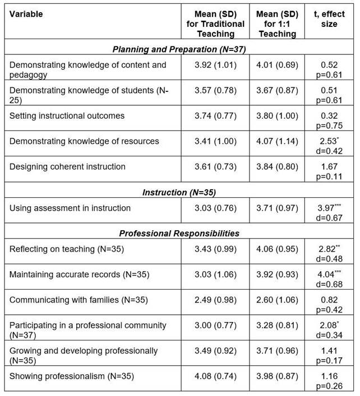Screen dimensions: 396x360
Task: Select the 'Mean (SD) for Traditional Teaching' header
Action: [x=215, y=24]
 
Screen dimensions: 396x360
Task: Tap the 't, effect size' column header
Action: [x=329, y=19]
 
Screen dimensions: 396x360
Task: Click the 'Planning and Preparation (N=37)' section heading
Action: [x=179, y=49]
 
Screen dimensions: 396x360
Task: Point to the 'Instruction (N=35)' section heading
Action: [x=179, y=192]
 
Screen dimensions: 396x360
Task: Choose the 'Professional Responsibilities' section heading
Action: [x=179, y=232]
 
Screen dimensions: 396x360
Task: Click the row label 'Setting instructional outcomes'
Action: [x=67, y=115]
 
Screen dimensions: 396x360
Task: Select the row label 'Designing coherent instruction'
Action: [x=67, y=166]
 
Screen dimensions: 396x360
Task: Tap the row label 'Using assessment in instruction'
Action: [x=70, y=208]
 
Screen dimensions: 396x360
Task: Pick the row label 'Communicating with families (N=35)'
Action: [x=79, y=300]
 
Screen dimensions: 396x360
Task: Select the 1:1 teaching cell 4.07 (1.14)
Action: [x=278, y=141]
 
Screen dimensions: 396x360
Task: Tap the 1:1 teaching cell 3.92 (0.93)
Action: [x=278, y=274]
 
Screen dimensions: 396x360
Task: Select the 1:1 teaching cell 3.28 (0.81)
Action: [x=278, y=325]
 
